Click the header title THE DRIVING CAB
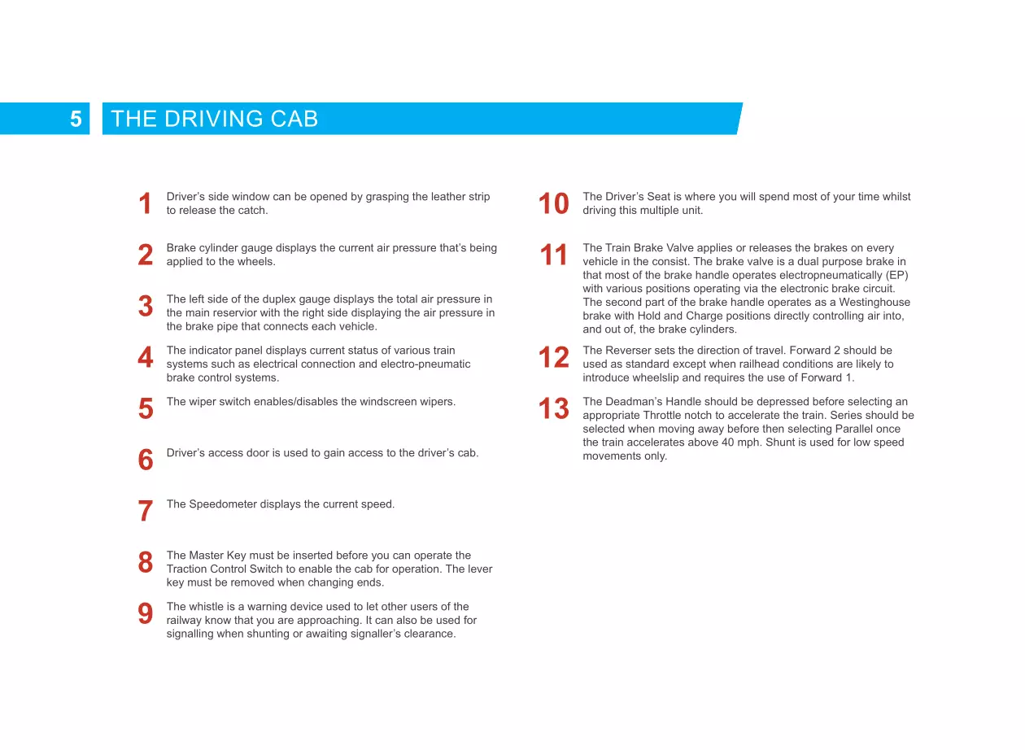point(214,119)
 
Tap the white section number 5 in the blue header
point(76,120)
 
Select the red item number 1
point(146,204)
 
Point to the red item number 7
point(146,511)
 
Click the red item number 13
point(553,408)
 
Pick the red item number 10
point(553,204)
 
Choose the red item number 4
point(146,357)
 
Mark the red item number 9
point(146,613)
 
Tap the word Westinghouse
point(874,303)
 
